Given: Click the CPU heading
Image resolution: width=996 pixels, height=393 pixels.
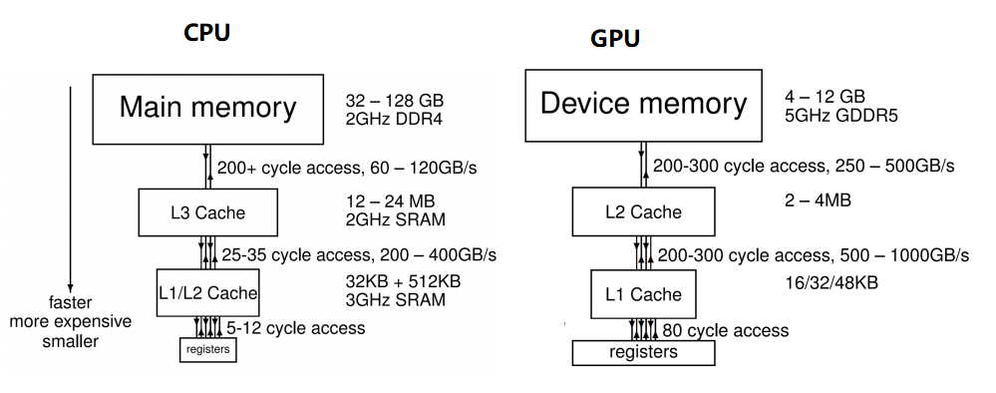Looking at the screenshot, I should tap(207, 32).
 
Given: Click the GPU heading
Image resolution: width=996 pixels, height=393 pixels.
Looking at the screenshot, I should tap(615, 39).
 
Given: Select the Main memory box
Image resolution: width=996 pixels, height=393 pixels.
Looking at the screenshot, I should tap(207, 108).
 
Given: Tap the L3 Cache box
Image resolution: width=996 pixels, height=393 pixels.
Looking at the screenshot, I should tap(207, 212).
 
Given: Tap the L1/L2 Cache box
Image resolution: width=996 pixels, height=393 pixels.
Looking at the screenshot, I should tap(207, 292).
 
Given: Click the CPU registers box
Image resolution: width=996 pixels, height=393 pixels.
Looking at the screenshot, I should tap(207, 349).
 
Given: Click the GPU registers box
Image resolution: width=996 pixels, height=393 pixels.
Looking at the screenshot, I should tap(643, 352).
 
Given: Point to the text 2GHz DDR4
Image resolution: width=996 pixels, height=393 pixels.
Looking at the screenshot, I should tap(395, 121).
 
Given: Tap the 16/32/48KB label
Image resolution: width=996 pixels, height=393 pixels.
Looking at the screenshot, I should tap(831, 282).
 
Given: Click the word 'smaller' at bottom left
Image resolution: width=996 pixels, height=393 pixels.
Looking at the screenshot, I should tap(70, 340).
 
